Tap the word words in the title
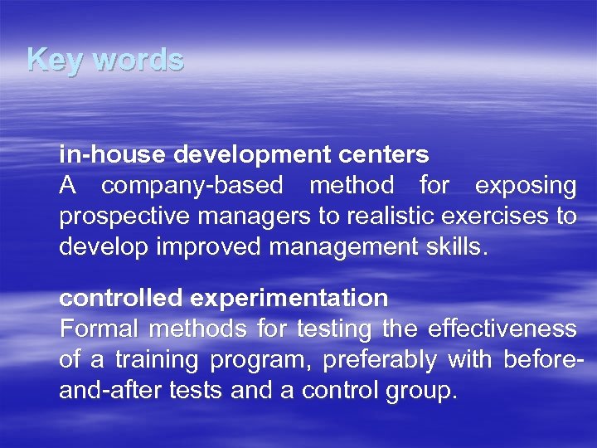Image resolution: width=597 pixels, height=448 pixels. click(137, 60)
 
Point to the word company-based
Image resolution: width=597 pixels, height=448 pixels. click(192, 186)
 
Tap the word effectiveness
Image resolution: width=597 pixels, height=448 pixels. click(502, 329)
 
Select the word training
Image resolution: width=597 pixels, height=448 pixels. click(158, 360)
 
